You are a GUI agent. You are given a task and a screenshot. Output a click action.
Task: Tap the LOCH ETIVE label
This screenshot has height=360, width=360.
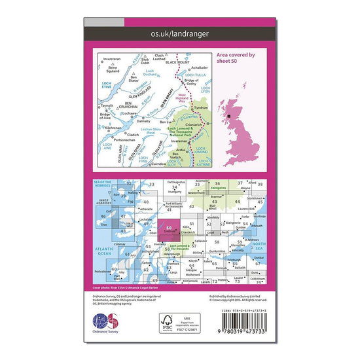click(x=107, y=85)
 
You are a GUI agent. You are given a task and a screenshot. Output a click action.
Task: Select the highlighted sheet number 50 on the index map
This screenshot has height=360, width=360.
click(x=170, y=228)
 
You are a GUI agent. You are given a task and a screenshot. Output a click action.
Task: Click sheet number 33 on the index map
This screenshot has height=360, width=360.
click(x=152, y=185)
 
